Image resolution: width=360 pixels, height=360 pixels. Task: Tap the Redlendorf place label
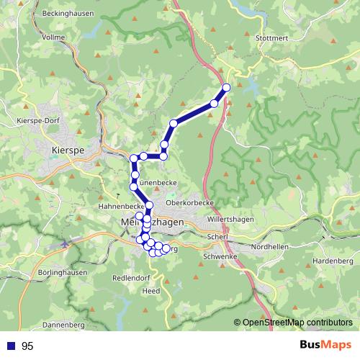point(131,277)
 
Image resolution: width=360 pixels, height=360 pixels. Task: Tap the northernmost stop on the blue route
point(226,87)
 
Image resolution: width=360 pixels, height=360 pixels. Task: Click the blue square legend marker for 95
point(11,346)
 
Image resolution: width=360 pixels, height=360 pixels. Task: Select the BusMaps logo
point(326,346)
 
